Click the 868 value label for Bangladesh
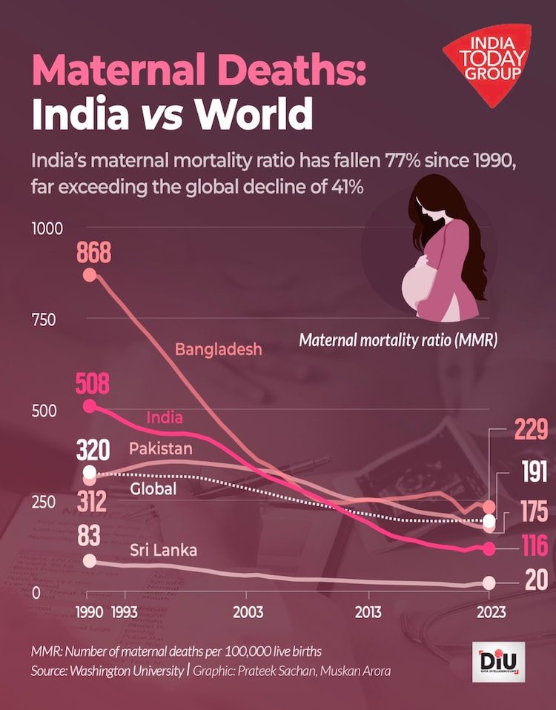coord(93,253)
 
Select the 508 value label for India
coord(93,384)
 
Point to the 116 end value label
coord(529,548)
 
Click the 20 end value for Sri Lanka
coord(535,580)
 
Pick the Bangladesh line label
coord(218,348)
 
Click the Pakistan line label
coord(160,448)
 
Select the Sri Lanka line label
coord(163,550)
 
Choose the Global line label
coord(153,488)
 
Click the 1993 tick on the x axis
coord(125,612)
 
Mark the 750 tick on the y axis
coord(44,320)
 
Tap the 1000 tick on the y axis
coord(46,229)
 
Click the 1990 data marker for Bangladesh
coord(90,275)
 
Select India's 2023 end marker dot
coord(489,548)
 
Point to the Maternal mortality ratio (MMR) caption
coord(397,341)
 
